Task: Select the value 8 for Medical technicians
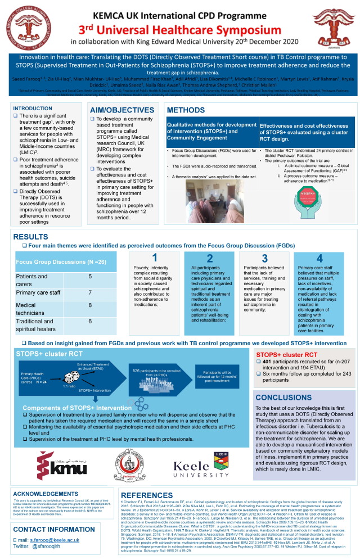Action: pyautogui.click(x=91, y=305)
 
